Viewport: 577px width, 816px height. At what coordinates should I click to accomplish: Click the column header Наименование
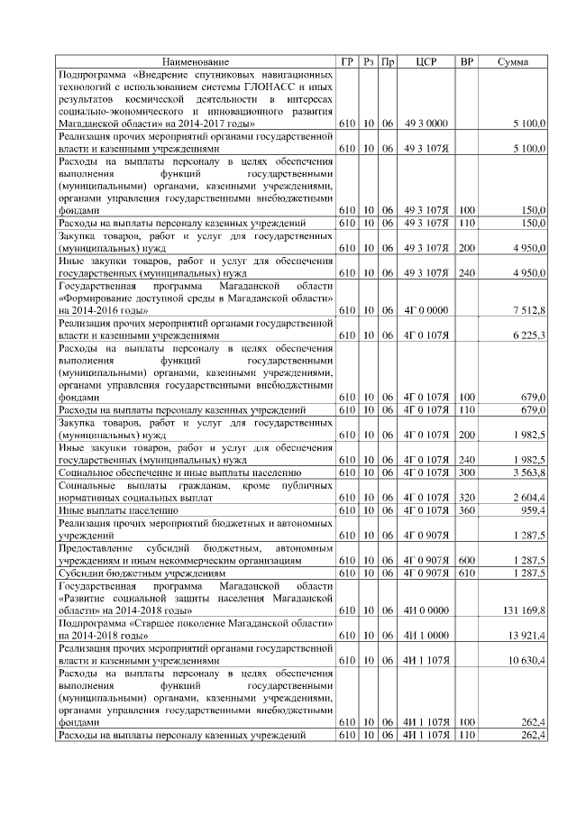click(196, 61)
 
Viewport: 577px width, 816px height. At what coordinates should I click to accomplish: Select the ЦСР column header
click(426, 61)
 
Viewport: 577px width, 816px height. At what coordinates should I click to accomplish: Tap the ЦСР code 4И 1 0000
click(426, 635)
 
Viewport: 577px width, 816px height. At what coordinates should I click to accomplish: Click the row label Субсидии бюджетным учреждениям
click(142, 573)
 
